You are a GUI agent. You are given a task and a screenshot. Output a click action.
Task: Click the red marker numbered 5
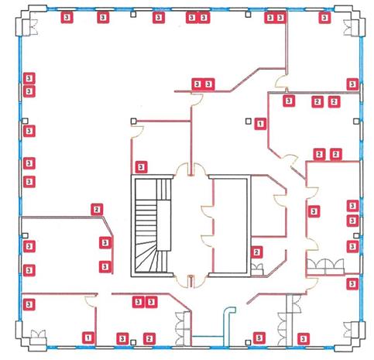[x=259, y=338]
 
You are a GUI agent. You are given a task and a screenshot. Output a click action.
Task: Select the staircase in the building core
[x=153, y=225]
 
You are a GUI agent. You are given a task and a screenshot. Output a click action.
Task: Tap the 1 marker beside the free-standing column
[x=260, y=124]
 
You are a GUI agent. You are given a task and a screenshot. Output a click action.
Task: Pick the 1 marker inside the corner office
[x=88, y=338]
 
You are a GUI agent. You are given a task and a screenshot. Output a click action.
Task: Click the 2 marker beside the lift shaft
[x=256, y=252]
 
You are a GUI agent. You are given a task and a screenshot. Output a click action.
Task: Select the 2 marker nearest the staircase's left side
[x=97, y=210]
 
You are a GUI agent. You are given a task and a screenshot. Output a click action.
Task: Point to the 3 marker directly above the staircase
[x=141, y=167]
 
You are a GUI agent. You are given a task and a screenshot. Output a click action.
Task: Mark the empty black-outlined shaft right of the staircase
[x=231, y=226]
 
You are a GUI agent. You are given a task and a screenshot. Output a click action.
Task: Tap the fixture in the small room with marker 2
[x=257, y=269]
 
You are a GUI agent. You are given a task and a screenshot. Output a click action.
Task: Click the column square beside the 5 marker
[x=248, y=342]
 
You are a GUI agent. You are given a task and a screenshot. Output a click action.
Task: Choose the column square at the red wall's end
[x=133, y=121]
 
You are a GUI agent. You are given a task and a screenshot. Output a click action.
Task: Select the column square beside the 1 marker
[x=248, y=121]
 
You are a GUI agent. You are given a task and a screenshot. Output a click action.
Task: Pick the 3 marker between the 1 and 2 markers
[x=122, y=338]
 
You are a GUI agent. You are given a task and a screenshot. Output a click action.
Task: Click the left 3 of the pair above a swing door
[x=197, y=84]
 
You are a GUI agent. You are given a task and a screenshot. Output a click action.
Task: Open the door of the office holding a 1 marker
[x=91, y=301]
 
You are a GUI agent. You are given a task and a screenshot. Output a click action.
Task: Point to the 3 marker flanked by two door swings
[x=314, y=211]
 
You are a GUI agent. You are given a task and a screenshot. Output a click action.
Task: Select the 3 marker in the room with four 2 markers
[x=289, y=101]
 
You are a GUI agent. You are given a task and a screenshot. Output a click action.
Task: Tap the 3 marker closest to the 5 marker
[x=304, y=338]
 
